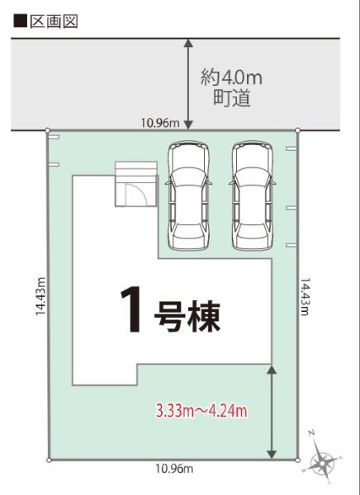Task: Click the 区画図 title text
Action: [54, 21]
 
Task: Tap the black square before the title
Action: [20, 21]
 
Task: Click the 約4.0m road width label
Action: [231, 78]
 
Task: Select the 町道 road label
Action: [232, 98]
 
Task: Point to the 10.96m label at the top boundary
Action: [160, 122]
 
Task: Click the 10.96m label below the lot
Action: [174, 469]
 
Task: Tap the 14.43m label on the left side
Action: [40, 296]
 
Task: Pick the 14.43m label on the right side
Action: [305, 297]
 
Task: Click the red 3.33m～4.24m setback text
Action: [201, 411]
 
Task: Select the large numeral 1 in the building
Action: [131, 309]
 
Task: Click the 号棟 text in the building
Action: [187, 317]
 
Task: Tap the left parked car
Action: [188, 196]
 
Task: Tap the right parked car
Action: [252, 196]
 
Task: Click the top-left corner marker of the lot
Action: [48, 130]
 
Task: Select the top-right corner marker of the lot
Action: [297, 130]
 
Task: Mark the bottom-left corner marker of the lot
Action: [49, 460]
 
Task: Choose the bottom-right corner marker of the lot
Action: [297, 460]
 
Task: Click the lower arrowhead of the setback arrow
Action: [272, 454]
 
